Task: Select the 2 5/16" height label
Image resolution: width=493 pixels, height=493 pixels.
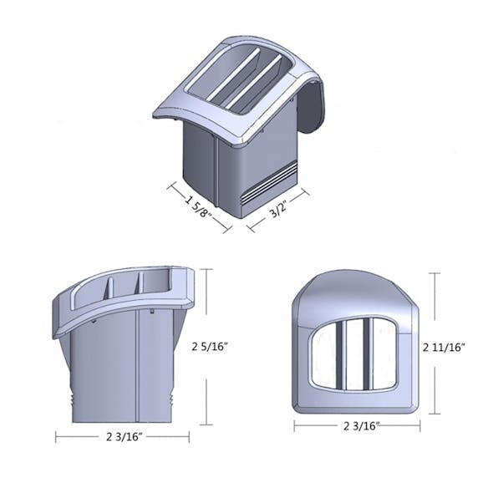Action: [211, 345]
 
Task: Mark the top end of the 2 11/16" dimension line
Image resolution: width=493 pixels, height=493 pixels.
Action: [435, 273]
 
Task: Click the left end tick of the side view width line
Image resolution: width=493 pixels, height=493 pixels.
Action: [56, 436]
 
